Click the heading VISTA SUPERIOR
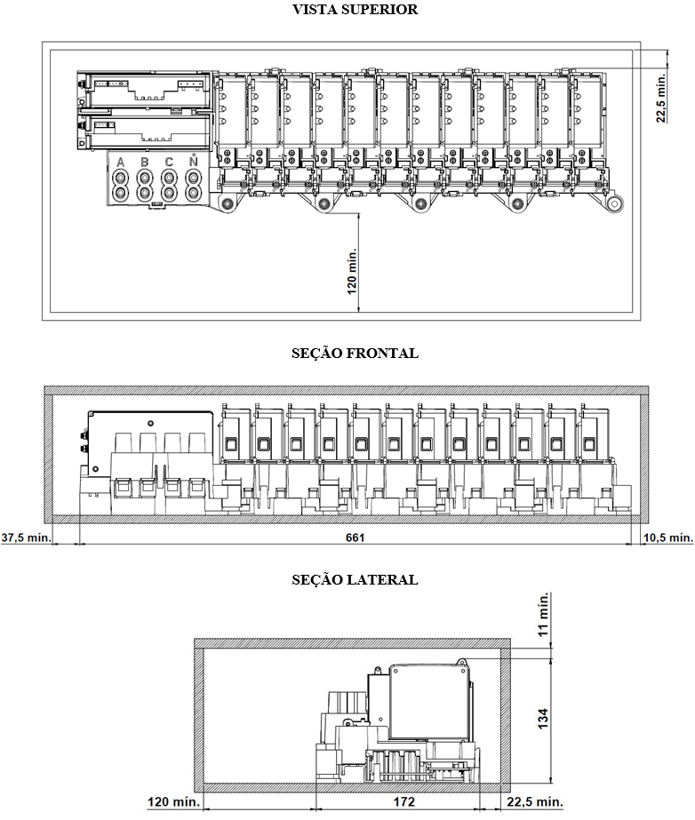pos(355,10)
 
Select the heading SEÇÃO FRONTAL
pos(355,353)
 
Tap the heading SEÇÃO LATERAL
pos(355,579)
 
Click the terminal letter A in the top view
pos(121,162)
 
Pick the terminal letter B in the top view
pos(145,162)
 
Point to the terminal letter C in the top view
pos(169,162)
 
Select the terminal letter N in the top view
pos(193,161)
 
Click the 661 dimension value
pos(355,537)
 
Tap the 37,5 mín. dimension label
pos(26,537)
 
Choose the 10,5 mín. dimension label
pos(668,537)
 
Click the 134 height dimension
pos(543,718)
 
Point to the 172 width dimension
pos(404,801)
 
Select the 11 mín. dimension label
pos(544,614)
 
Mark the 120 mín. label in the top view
pos(352,271)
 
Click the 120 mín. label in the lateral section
pos(174,801)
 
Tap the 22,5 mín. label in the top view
pos(661,98)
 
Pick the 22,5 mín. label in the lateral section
pos(534,801)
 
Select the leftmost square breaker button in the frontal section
pos(230,444)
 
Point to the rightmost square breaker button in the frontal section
pos(588,444)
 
